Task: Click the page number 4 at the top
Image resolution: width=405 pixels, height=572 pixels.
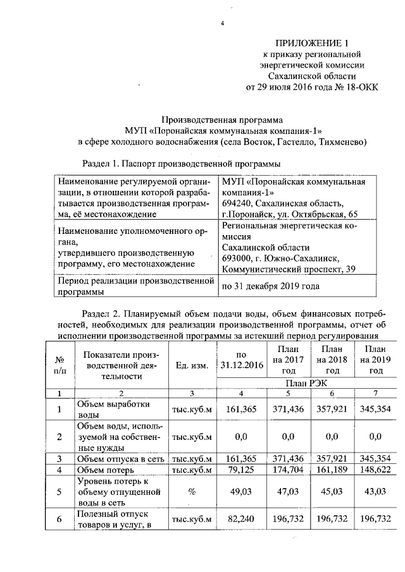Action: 221,24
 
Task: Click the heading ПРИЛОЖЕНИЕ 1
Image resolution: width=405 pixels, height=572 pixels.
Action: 313,43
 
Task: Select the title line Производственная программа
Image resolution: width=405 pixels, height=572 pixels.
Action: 221,118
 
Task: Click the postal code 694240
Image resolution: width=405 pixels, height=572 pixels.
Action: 235,203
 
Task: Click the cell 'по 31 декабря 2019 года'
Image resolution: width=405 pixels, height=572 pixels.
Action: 269,286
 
